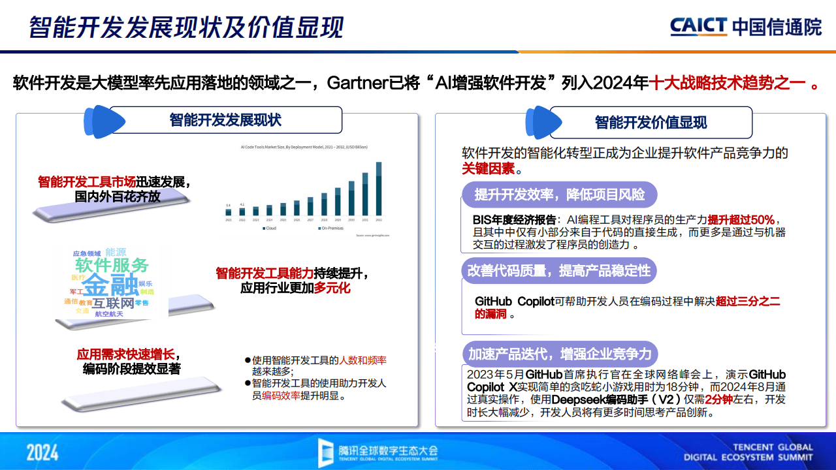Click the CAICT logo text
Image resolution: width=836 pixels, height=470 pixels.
click(698, 27)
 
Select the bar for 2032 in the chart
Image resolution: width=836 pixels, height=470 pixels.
click(379, 189)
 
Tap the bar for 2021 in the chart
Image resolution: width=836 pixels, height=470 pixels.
click(229, 211)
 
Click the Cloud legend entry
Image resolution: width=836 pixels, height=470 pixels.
click(269, 228)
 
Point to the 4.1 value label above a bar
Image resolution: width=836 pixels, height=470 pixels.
click(242, 204)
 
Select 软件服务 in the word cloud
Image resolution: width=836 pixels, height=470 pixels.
click(112, 265)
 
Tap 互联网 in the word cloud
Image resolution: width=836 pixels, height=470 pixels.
click(113, 304)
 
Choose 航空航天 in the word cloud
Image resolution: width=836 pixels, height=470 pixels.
click(108, 314)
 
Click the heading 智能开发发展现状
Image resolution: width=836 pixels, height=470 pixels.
click(225, 120)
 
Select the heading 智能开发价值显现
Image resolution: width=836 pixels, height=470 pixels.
click(651, 122)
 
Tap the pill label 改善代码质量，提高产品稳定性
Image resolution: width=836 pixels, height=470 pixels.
click(558, 271)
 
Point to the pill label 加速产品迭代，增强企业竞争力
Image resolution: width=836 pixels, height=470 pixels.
click(560, 354)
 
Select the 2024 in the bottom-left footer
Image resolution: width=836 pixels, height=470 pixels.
click(42, 452)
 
